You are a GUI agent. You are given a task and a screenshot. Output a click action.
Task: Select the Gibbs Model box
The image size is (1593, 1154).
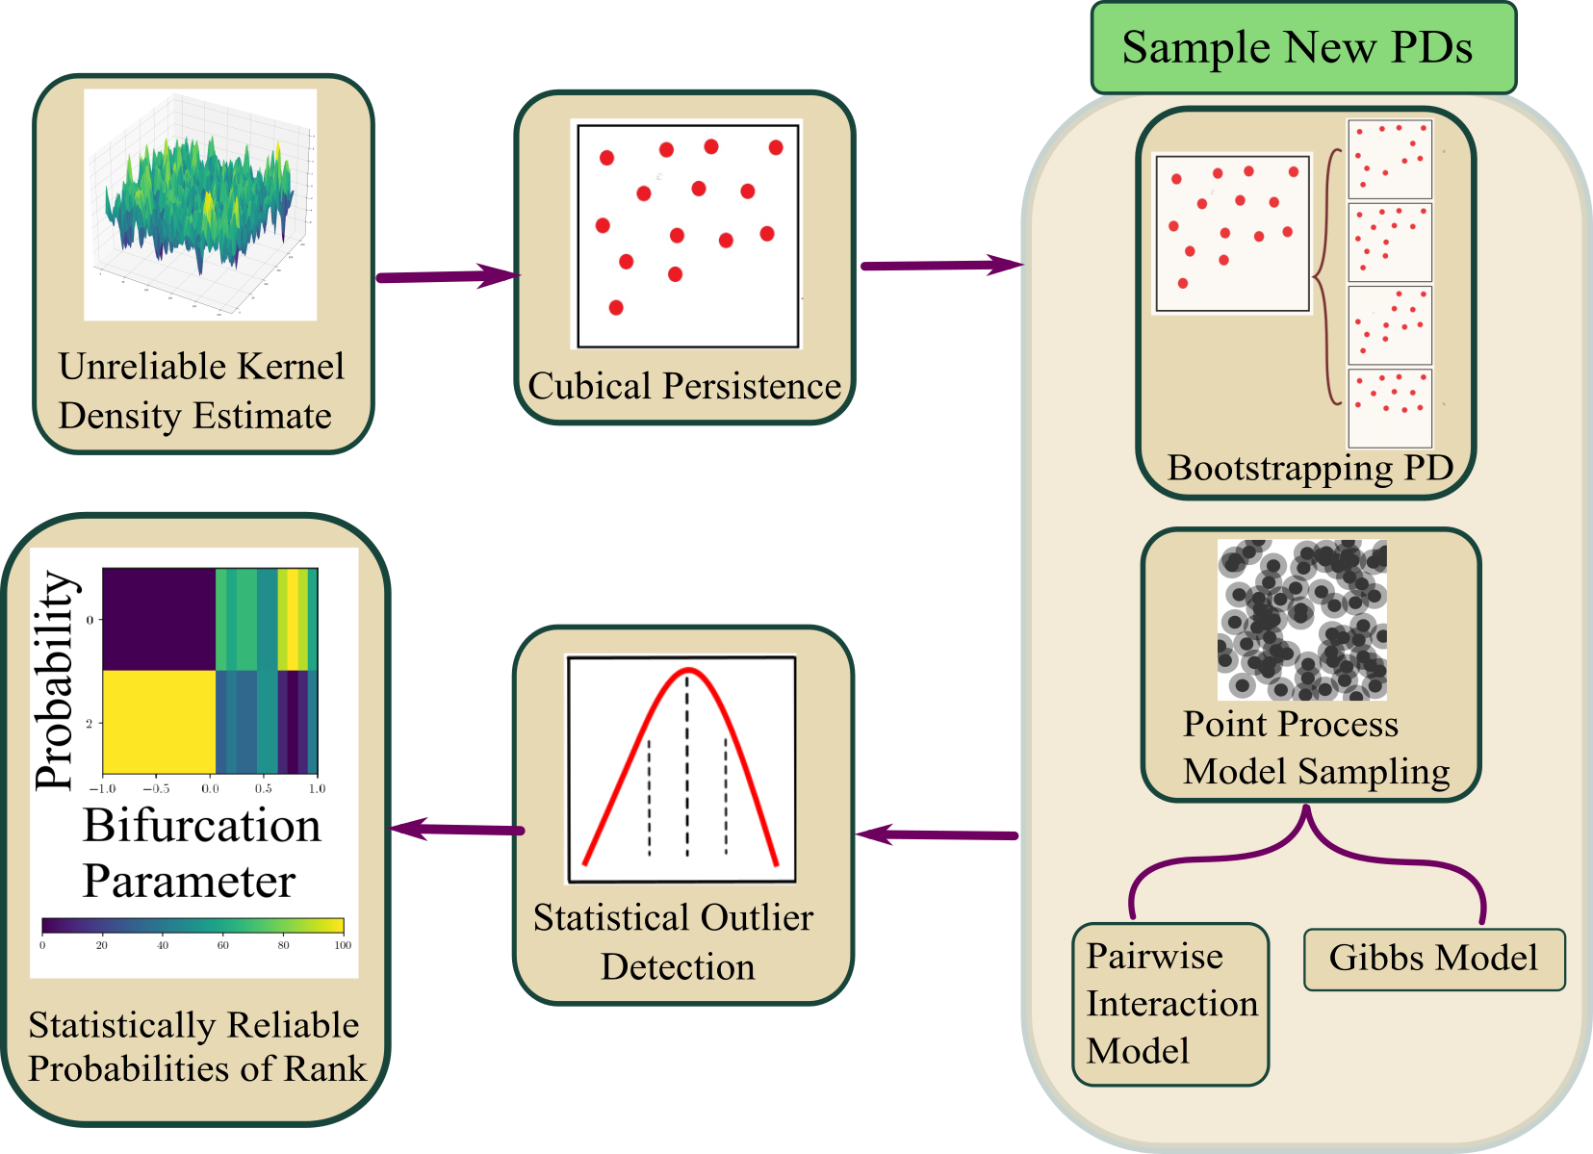[1433, 959]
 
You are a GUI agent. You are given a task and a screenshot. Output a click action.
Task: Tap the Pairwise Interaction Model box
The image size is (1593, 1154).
[1170, 1004]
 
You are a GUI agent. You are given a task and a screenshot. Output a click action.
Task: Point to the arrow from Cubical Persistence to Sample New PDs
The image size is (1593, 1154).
[939, 266]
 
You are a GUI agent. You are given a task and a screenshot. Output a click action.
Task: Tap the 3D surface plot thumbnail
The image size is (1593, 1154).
[200, 203]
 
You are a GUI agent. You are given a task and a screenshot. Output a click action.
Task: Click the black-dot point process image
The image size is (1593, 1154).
[1302, 620]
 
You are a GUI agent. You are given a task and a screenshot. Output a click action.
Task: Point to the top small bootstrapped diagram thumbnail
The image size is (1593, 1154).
[1390, 159]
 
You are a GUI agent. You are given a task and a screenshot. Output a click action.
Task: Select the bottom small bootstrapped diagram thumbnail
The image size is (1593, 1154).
[1390, 407]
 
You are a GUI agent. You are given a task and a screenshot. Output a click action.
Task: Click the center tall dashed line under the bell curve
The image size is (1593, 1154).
[686, 765]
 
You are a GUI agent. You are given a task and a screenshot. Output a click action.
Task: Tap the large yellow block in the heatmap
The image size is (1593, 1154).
[159, 721]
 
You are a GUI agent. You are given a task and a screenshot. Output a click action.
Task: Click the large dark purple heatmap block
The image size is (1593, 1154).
[159, 619]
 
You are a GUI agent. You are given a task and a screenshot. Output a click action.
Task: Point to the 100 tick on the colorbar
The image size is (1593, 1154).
[343, 945]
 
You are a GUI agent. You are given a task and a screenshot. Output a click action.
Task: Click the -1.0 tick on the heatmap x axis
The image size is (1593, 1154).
[103, 788]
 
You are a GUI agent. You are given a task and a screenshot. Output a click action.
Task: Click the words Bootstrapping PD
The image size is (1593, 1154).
[1309, 469]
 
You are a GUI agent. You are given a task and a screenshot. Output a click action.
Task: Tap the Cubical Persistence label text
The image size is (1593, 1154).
[683, 387]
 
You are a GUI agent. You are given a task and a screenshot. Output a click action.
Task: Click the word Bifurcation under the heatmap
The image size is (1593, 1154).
[201, 826]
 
